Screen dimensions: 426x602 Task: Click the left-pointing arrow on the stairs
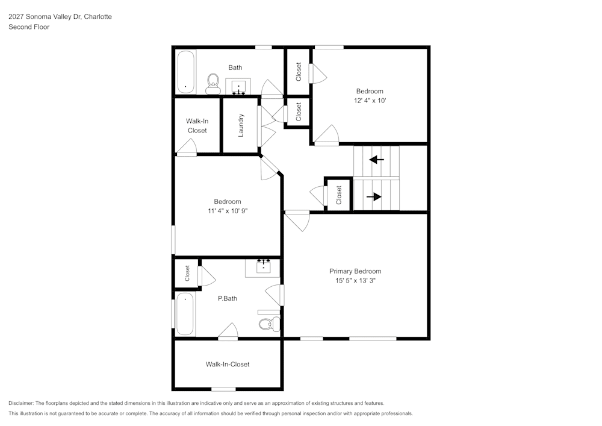tap(376, 160)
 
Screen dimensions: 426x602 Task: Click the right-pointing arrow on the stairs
tap(374, 196)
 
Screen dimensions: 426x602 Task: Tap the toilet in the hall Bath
tap(213, 84)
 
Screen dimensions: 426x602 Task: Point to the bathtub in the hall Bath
tap(185, 72)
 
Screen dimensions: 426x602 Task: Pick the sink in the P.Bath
tap(263, 267)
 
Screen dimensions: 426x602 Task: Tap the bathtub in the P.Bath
tap(185, 314)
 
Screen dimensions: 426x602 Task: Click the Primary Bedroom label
tap(355, 271)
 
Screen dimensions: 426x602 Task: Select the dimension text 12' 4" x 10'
tap(370, 101)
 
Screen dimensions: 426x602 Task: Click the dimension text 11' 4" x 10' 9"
tap(227, 211)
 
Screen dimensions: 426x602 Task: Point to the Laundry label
tap(241, 125)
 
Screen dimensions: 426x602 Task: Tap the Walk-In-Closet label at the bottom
tap(228, 364)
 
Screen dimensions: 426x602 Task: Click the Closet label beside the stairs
tap(339, 195)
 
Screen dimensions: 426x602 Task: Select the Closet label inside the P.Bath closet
tap(187, 274)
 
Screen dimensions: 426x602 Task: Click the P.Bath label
tap(227, 298)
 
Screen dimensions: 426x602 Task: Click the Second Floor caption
tap(29, 27)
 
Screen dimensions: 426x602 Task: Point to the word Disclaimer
tap(21, 403)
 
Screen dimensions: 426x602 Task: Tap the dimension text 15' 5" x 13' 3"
tap(355, 281)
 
